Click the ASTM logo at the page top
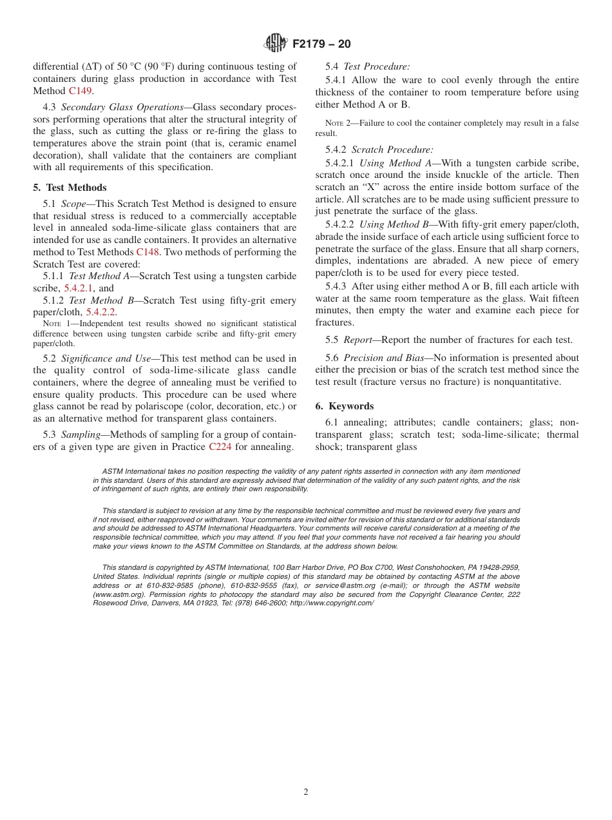[275, 43]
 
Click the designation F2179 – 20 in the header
[321, 44]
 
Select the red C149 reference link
[81, 91]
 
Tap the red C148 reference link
[148, 252]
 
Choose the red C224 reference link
[220, 446]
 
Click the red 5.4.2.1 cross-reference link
[79, 288]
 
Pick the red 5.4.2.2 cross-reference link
[101, 312]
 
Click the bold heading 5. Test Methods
[70, 188]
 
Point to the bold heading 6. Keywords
[344, 406]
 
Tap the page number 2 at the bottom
[306, 792]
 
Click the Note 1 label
[55, 324]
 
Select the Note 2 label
[338, 123]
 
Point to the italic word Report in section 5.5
[358, 340]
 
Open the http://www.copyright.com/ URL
[332, 603]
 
